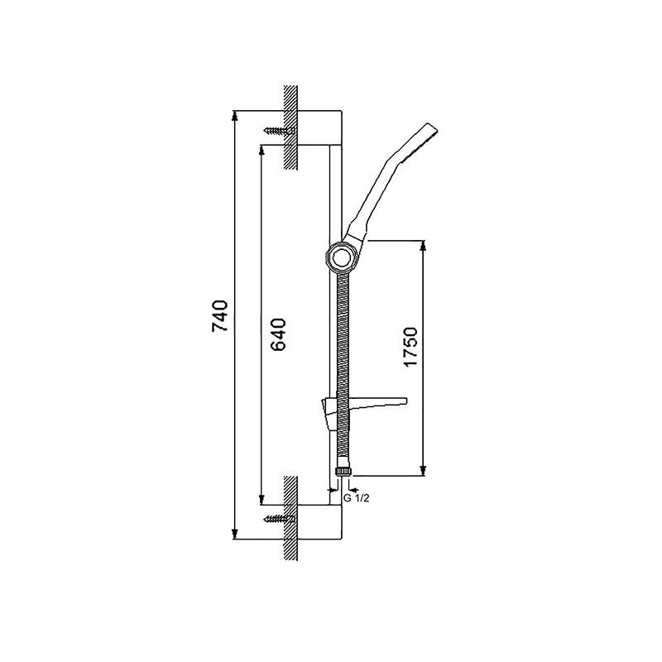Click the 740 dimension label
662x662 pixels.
(x=220, y=316)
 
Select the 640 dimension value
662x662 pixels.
(x=278, y=335)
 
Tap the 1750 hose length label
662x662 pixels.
(x=410, y=347)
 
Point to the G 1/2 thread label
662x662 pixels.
(x=357, y=498)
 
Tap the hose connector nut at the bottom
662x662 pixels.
(x=343, y=471)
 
